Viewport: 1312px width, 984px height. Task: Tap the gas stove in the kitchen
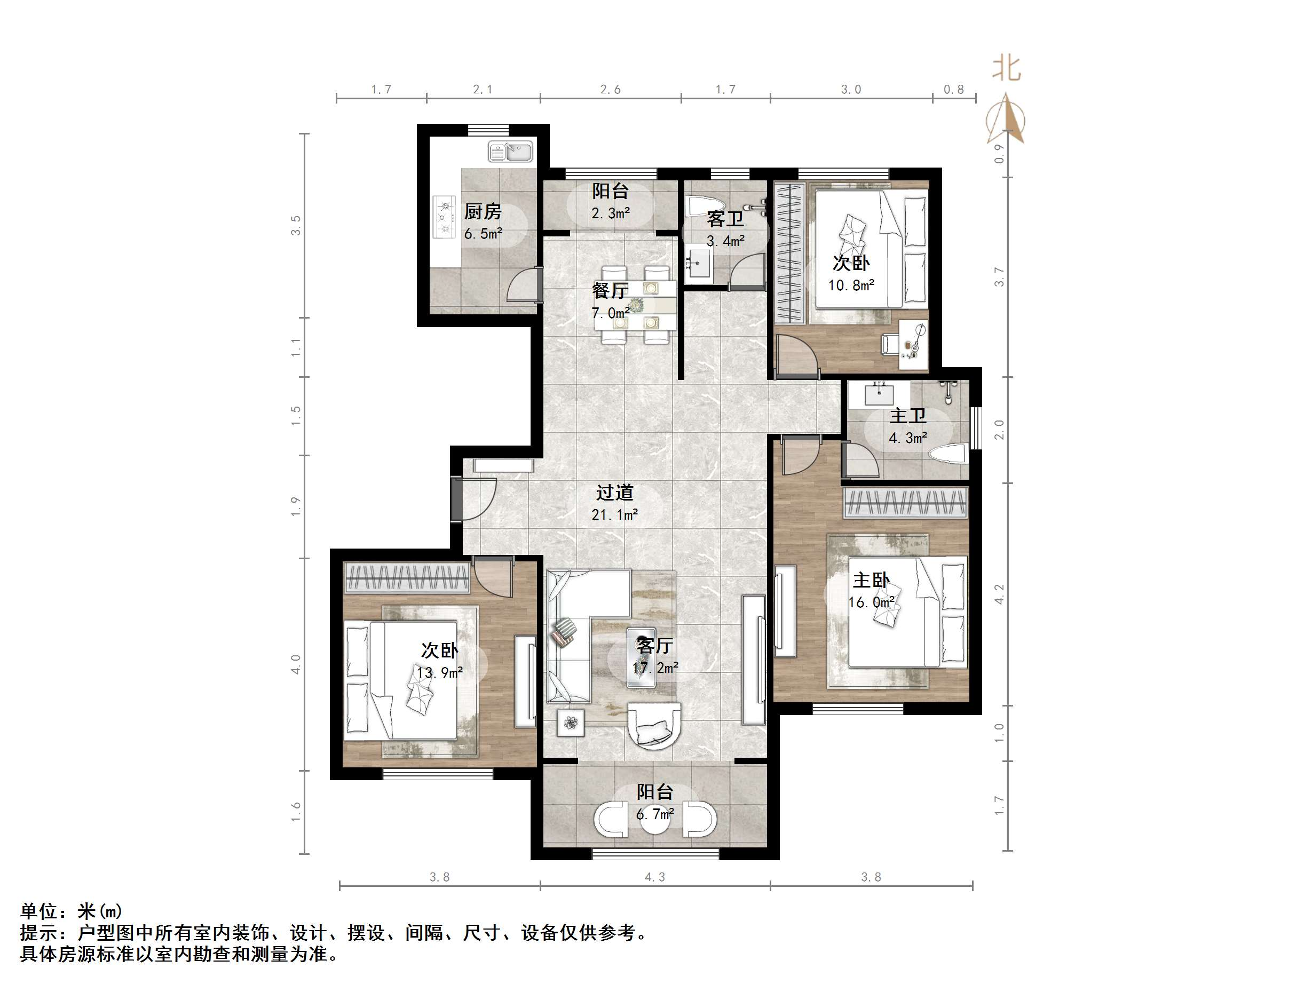pos(443,217)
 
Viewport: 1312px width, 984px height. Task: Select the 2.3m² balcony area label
pos(610,202)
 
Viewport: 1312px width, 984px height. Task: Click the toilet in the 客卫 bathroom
pos(704,207)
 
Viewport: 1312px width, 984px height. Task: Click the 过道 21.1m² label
pos(614,502)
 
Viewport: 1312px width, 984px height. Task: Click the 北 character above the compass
pos(1007,68)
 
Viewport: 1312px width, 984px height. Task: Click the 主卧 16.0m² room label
pos(871,590)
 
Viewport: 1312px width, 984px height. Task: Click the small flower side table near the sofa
pos(571,723)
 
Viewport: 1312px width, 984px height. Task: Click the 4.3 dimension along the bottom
pos(655,877)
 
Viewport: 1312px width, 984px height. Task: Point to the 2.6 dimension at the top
pos(610,90)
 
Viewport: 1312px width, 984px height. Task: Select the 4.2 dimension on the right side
pos(999,594)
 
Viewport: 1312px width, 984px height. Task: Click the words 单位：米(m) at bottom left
pos(71,910)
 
